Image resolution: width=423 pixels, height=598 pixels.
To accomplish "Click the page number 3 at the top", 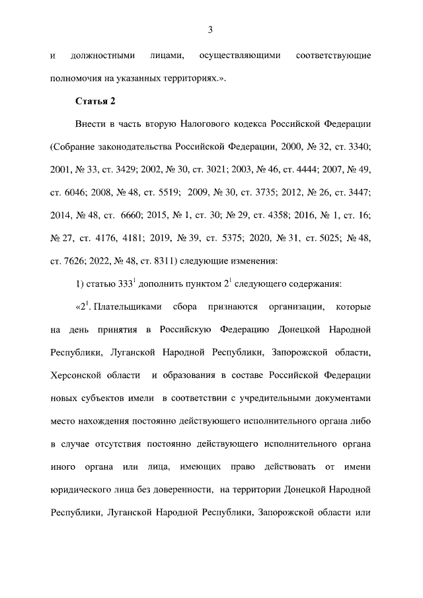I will click(210, 29).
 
